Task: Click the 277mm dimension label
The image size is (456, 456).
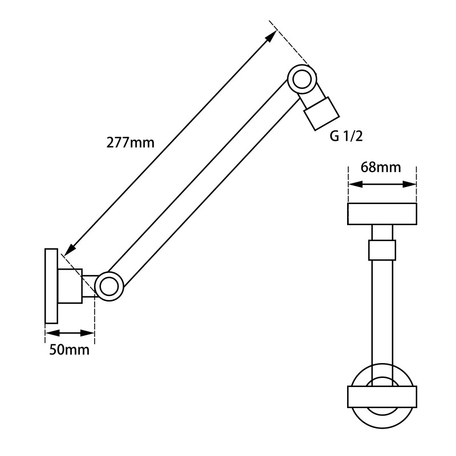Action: (x=131, y=143)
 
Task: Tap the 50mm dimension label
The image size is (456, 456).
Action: (x=69, y=349)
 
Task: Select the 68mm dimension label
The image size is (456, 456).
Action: (x=381, y=167)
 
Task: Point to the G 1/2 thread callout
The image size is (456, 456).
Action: (x=347, y=136)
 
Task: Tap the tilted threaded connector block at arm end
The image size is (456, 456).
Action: (x=321, y=113)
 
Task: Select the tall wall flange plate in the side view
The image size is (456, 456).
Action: (x=51, y=286)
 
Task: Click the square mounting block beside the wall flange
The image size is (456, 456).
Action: (x=70, y=286)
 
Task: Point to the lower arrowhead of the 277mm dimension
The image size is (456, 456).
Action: (x=70, y=251)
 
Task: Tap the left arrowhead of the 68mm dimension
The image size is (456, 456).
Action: (x=355, y=184)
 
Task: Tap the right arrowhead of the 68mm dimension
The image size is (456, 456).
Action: (x=409, y=184)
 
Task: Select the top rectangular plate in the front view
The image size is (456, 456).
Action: (x=382, y=214)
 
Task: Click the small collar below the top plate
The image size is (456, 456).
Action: (x=382, y=250)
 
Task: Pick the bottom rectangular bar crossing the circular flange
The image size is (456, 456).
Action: (x=382, y=397)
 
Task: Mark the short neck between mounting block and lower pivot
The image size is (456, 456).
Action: (x=89, y=286)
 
